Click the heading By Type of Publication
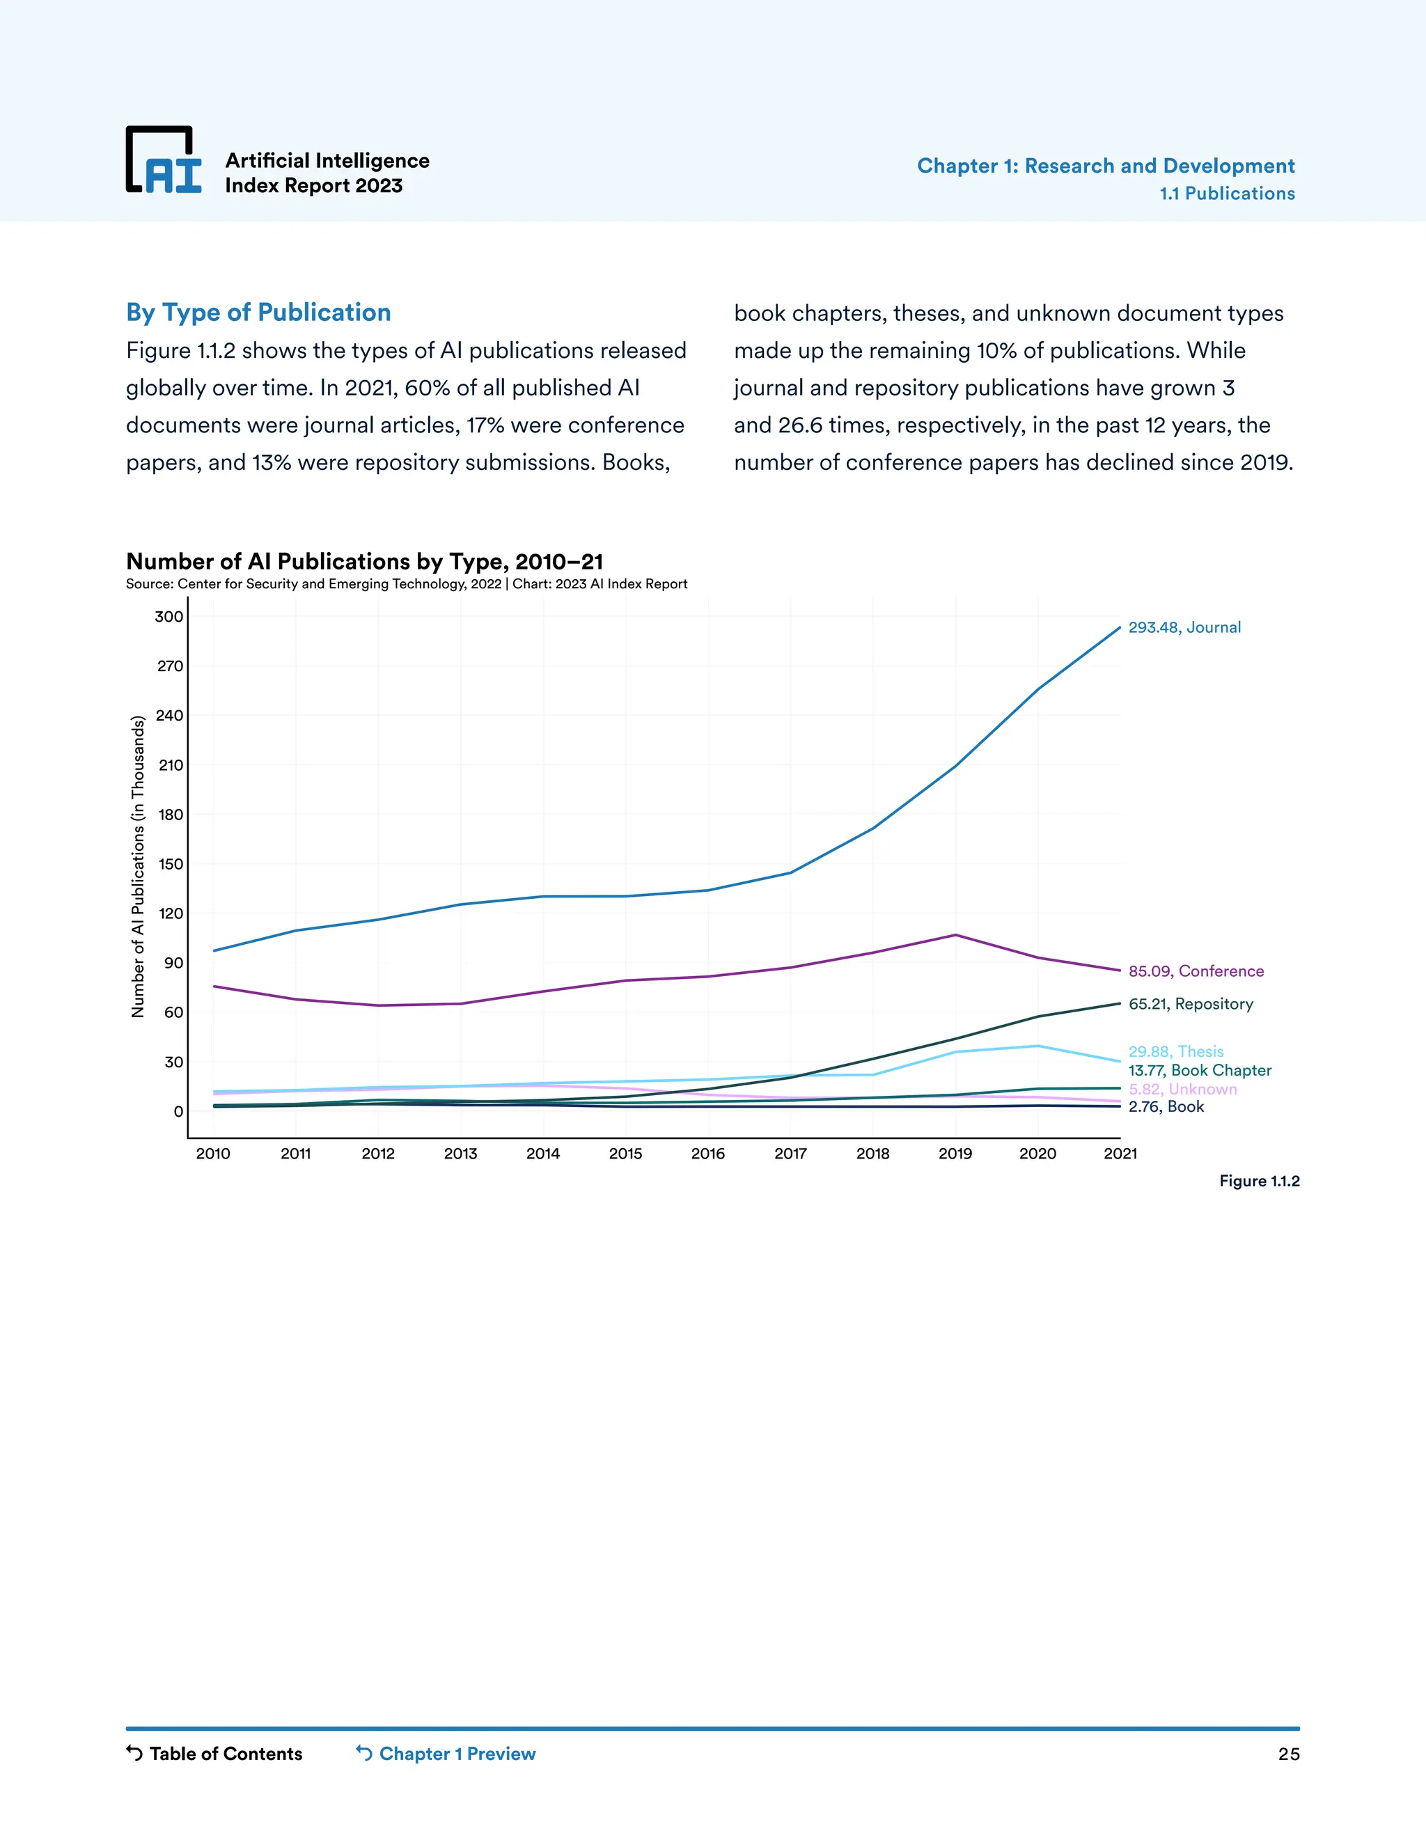click(258, 313)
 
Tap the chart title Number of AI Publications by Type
click(364, 562)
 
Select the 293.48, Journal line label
click(1184, 628)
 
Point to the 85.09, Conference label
click(1196, 971)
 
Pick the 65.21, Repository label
click(1190, 1005)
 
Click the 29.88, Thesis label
click(1175, 1052)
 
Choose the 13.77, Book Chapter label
click(1199, 1070)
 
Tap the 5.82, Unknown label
click(1182, 1090)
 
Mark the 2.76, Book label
click(1166, 1108)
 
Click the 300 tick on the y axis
click(169, 617)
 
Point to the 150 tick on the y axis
click(170, 864)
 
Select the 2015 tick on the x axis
click(625, 1154)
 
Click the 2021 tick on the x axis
click(1120, 1154)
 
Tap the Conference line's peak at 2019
click(955, 935)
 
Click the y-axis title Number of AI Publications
click(138, 867)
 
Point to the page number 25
click(1287, 1754)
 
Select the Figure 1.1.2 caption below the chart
click(1259, 1181)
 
